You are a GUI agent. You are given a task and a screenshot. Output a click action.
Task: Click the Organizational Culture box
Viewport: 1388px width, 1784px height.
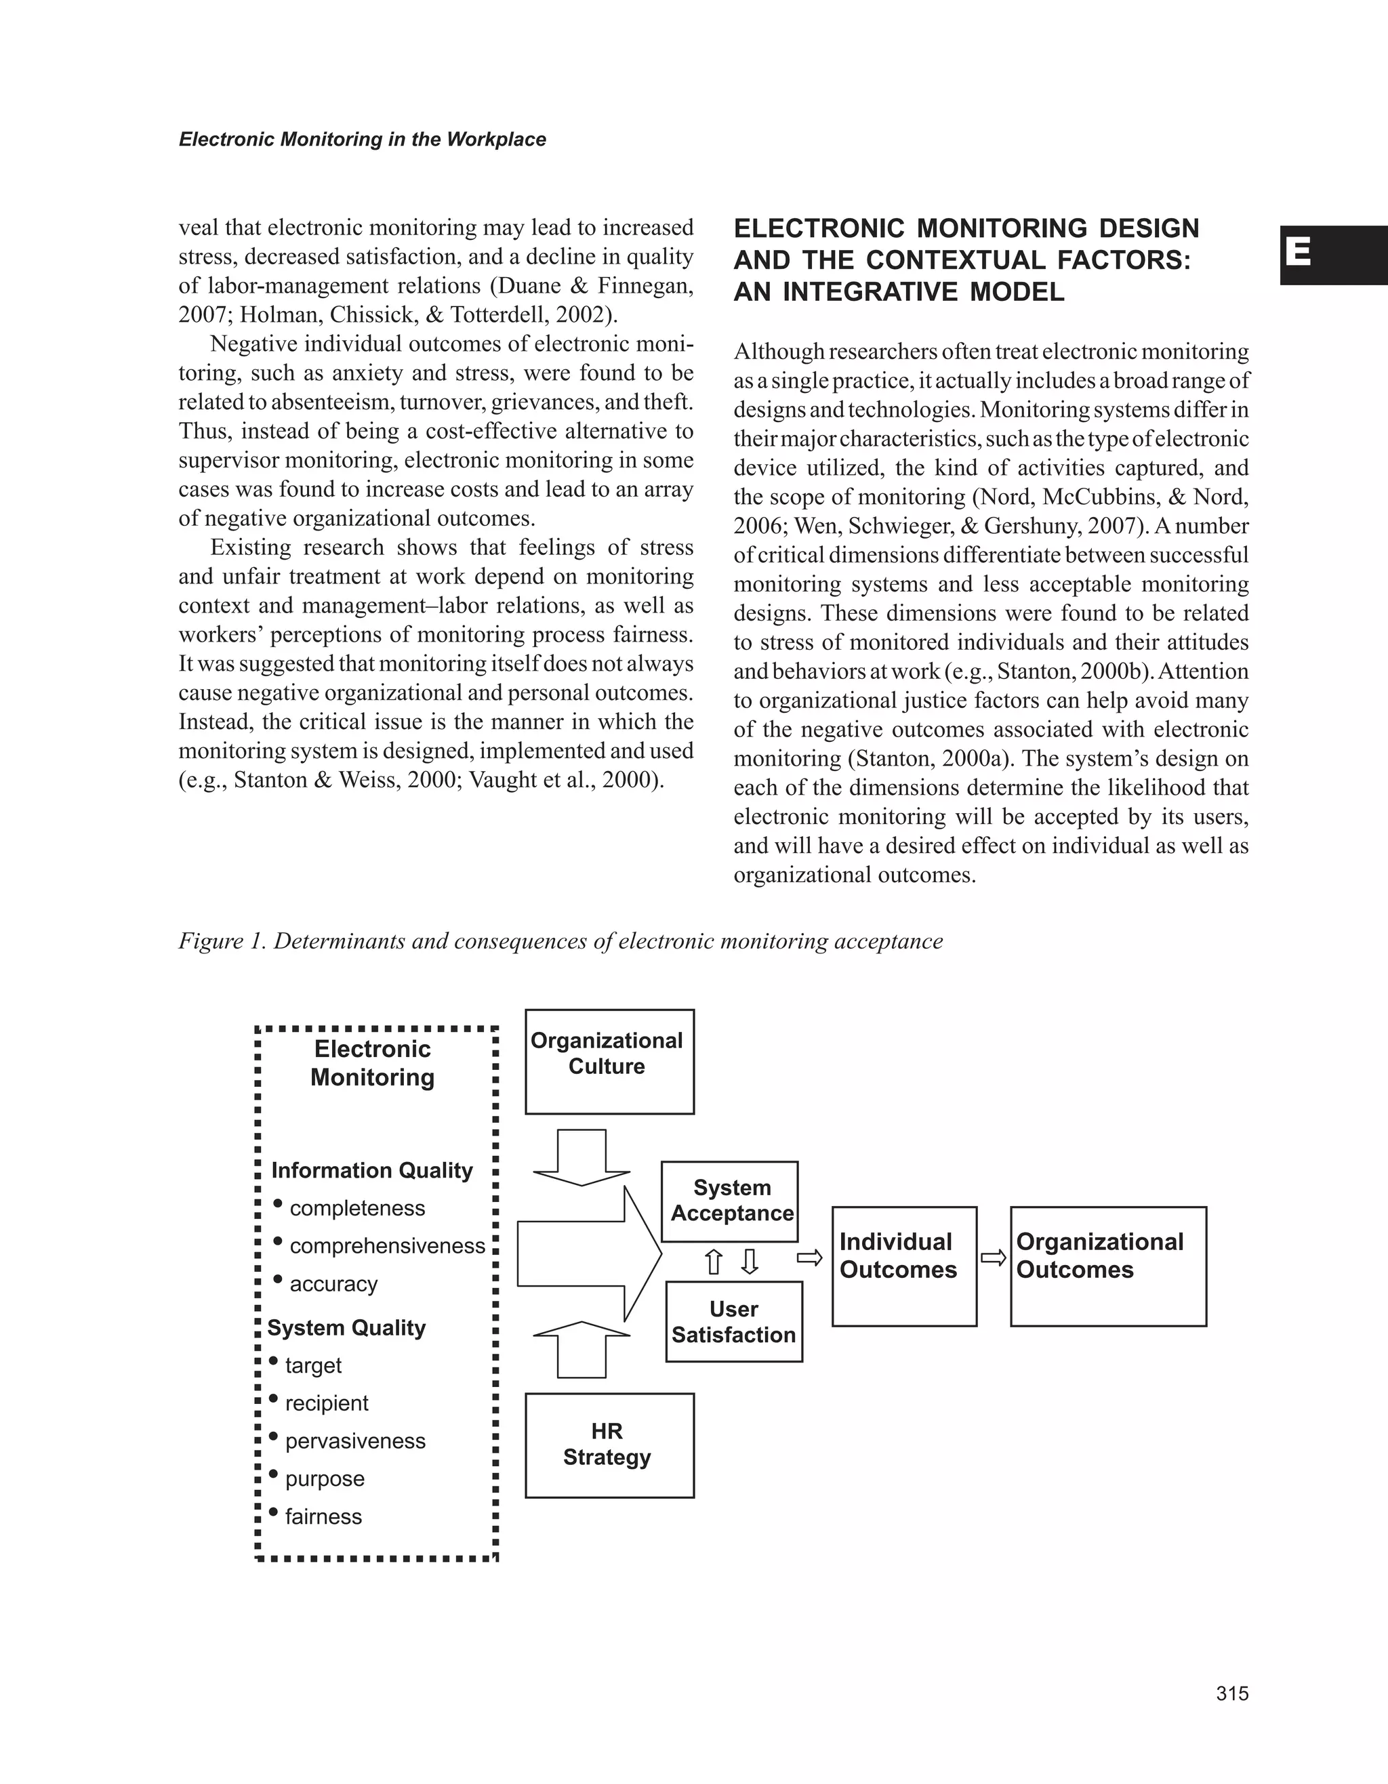(609, 1061)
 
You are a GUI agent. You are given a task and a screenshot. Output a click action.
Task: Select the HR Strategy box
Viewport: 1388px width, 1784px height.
(609, 1445)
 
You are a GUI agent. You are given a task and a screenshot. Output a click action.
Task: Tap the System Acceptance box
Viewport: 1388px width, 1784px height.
(729, 1201)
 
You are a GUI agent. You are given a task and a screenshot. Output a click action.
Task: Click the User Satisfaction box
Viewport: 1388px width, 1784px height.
(733, 1322)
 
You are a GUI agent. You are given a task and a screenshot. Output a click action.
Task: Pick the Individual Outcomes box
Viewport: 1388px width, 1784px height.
(903, 1266)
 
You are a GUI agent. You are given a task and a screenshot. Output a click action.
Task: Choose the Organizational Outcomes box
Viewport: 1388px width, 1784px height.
(1108, 1266)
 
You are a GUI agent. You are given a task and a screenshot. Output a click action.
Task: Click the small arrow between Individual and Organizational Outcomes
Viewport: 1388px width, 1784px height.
(994, 1258)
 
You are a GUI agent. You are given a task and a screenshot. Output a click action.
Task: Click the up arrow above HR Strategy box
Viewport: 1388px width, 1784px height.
(581, 1348)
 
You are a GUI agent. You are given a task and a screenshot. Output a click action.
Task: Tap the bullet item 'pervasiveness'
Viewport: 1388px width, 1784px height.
(354, 1441)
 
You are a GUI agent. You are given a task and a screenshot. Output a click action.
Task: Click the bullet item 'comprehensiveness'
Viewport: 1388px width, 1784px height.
(386, 1247)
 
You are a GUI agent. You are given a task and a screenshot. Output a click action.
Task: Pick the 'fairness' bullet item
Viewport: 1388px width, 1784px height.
(323, 1517)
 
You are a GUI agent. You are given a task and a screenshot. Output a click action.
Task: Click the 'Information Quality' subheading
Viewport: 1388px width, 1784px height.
(371, 1171)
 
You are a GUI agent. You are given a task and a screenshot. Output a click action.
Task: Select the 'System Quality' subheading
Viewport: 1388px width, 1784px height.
(346, 1328)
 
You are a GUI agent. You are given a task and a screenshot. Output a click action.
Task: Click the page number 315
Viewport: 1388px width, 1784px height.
(1232, 1694)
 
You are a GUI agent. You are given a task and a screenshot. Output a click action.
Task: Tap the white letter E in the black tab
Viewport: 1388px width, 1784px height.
(1298, 253)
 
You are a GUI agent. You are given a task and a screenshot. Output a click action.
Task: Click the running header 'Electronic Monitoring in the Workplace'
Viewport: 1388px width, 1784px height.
(362, 140)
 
